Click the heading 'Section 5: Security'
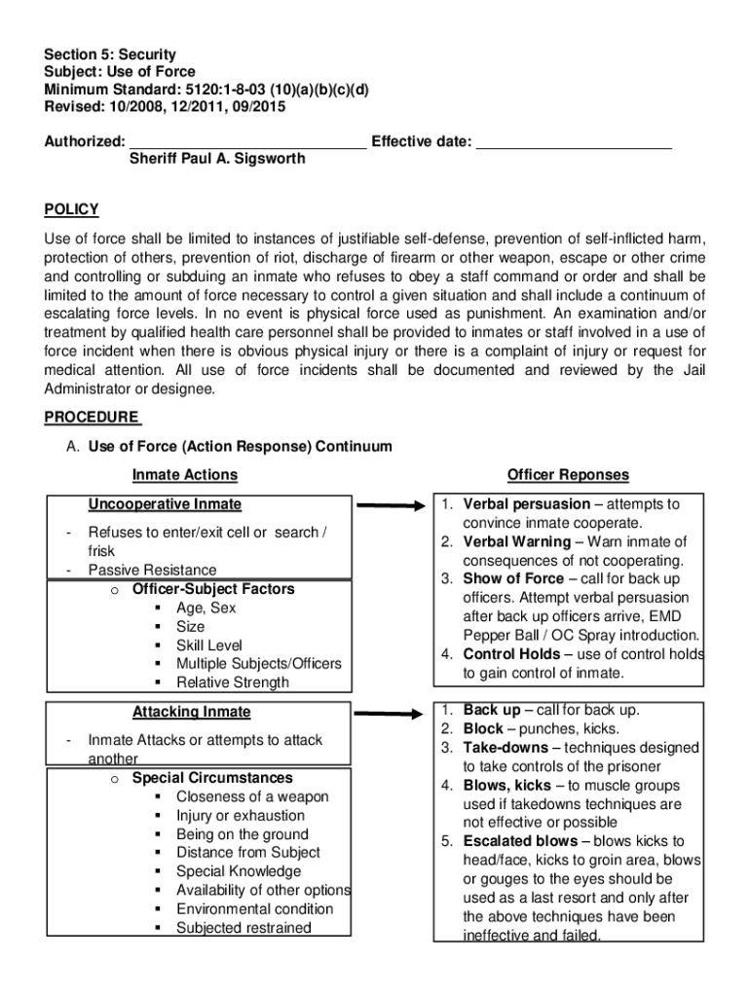coord(110,55)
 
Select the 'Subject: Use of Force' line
coord(120,72)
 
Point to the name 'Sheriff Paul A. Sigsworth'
coord(217,159)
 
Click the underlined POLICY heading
coord(72,210)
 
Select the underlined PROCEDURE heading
coord(93,418)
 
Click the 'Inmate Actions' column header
coord(185,475)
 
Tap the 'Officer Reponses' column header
coord(568,475)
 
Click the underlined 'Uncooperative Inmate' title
coord(166,504)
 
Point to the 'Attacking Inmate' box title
coord(192,712)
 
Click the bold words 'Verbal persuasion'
coord(526,504)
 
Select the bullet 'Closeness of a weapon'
coord(252,796)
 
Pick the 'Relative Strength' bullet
coord(232,683)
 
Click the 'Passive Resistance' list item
coord(152,570)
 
